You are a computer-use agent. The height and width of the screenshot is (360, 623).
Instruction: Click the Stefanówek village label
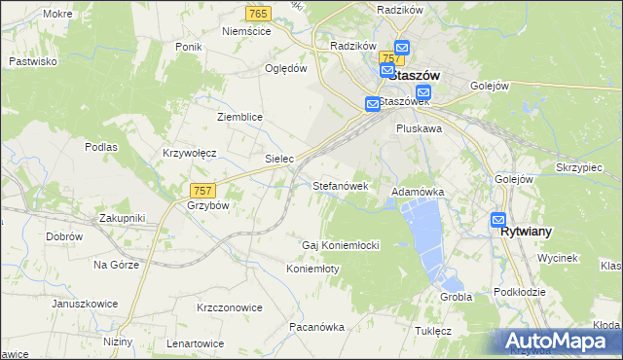pyautogui.click(x=340, y=184)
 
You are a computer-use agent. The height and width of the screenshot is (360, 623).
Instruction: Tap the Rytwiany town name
pyautogui.click(x=526, y=233)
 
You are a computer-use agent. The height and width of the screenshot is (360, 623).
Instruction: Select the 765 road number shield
pyautogui.click(x=258, y=13)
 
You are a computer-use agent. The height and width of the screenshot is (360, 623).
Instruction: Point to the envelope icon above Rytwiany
pyautogui.click(x=498, y=220)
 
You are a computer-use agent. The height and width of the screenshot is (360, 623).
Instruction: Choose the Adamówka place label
pyautogui.click(x=418, y=193)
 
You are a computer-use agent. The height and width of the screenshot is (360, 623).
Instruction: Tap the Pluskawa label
pyautogui.click(x=420, y=127)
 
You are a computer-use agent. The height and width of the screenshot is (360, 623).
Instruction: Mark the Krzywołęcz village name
pyautogui.click(x=189, y=154)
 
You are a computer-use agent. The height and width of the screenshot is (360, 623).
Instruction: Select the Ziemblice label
pyautogui.click(x=239, y=117)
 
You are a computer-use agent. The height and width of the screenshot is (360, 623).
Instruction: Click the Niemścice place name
pyautogui.click(x=245, y=31)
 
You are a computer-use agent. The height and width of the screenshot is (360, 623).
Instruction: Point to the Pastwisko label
pyautogui.click(x=33, y=60)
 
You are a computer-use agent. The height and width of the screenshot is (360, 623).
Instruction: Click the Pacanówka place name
pyautogui.click(x=316, y=327)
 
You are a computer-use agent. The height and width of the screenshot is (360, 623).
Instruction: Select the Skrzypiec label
pyautogui.click(x=580, y=167)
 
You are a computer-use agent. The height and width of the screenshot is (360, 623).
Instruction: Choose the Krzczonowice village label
pyautogui.click(x=230, y=307)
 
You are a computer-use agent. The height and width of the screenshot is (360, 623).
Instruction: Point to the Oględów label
pyautogui.click(x=286, y=69)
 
